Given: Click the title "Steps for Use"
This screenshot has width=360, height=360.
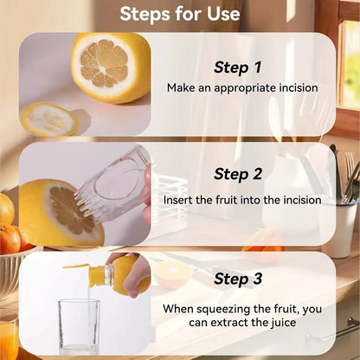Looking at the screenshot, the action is [180, 14].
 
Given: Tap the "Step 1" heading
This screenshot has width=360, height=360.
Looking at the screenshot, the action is [238, 67].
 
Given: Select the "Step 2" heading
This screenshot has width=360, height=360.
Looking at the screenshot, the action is [238, 174].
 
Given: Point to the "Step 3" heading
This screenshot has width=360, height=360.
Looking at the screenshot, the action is [238, 279].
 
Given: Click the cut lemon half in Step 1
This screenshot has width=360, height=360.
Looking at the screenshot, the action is [111, 68].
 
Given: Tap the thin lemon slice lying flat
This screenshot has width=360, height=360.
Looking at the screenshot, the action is [49, 119].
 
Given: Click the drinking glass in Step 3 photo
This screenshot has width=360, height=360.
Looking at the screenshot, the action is [79, 327].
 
